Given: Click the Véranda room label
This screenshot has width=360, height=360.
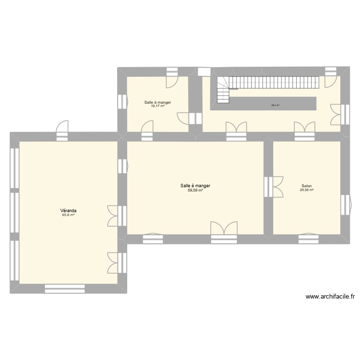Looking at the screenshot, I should tap(69, 210).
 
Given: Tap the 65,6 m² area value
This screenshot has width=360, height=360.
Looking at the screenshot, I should tap(69, 215).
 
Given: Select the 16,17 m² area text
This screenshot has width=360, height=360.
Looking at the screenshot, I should tap(158, 106).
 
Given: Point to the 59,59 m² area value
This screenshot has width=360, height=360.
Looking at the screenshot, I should tap(195, 190).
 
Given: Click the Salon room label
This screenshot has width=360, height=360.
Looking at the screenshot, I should tap(306, 186).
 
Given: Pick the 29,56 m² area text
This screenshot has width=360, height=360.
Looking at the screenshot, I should tap(306, 190).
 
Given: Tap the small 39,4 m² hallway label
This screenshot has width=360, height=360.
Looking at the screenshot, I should tap(275, 105).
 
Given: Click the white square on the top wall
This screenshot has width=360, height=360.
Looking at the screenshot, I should tap(204, 72).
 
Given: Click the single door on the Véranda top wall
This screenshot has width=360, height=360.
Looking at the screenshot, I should tap(62, 131).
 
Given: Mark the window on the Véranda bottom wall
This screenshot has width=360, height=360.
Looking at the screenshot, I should tap(65, 288).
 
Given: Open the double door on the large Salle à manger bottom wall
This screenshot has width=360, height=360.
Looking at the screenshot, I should tap(224, 230).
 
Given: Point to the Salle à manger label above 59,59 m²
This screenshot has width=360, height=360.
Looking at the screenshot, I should tap(195, 185).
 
